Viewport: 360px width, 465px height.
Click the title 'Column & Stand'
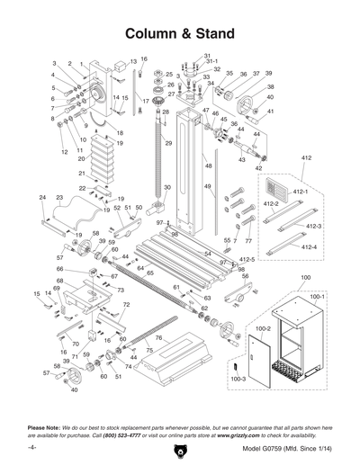[x=180, y=33]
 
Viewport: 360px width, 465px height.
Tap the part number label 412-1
[x=301, y=192]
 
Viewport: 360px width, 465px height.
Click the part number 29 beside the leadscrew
[x=168, y=144]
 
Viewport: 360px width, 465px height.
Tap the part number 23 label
[x=59, y=196]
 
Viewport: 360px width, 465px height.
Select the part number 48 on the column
[x=208, y=166]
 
